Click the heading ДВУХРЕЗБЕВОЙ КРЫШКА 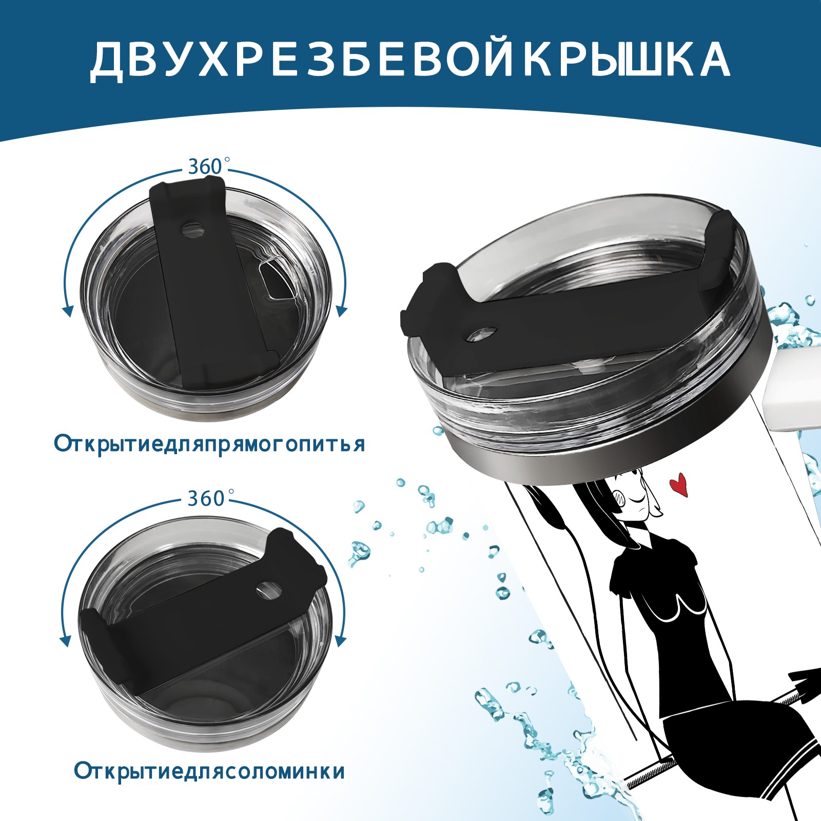click(x=410, y=61)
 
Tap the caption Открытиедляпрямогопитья click(x=209, y=444)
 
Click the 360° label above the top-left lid click(x=206, y=167)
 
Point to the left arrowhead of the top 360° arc click(x=67, y=311)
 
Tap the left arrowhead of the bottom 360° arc click(x=65, y=641)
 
